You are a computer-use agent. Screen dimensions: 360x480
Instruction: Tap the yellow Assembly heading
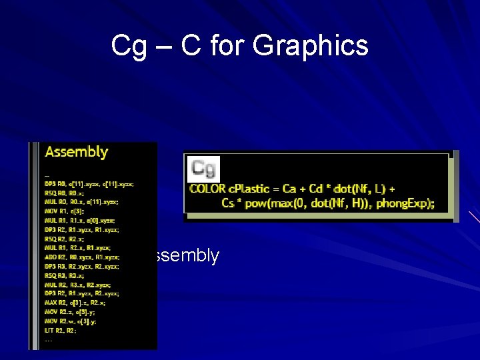[77, 152]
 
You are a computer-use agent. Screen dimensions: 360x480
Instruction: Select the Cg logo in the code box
[203, 169]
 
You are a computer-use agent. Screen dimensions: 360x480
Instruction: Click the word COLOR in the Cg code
[208, 189]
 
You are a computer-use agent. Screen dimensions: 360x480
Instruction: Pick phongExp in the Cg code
[405, 203]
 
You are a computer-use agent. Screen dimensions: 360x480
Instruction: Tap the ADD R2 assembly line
[81, 257]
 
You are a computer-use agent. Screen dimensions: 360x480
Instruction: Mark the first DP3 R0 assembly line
[89, 183]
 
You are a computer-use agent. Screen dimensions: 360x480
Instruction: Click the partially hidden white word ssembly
[186, 256]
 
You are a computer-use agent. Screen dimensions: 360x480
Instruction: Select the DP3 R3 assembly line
[81, 266]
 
